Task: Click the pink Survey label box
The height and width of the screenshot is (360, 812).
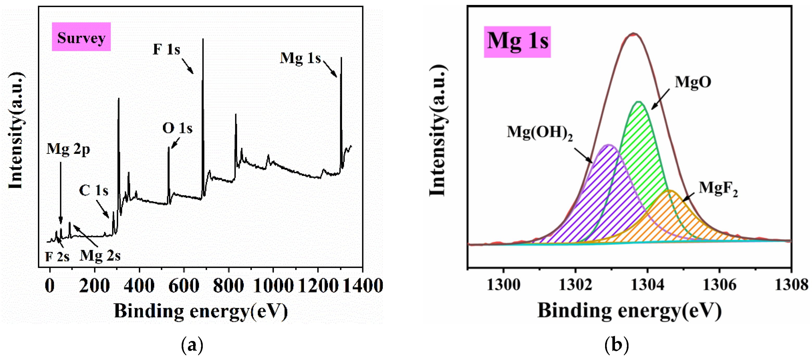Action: [x=81, y=37]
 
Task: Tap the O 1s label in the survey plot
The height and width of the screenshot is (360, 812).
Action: [x=177, y=128]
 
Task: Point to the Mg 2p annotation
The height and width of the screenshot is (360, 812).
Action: [x=68, y=149]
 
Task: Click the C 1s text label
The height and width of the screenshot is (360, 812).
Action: [x=94, y=190]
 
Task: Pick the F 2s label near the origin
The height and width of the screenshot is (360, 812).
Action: [x=57, y=257]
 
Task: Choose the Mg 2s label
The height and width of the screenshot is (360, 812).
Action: [x=100, y=256]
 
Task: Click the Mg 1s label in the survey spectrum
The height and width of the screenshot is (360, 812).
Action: [x=300, y=58]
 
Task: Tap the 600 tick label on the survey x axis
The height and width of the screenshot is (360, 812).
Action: [x=184, y=286]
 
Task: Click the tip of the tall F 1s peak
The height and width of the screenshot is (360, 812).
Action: [x=203, y=39]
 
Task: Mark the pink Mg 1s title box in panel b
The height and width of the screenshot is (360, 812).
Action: [x=517, y=42]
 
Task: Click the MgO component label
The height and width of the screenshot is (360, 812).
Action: [x=693, y=82]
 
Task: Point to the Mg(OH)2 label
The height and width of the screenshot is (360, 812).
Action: [x=539, y=132]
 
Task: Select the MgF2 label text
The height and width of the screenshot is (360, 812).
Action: [x=718, y=188]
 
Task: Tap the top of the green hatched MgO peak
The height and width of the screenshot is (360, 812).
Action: [x=639, y=102]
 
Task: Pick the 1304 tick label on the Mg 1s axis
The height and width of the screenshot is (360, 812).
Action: [x=647, y=285]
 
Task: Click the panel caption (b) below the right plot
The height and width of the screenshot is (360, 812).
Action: [x=617, y=345]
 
